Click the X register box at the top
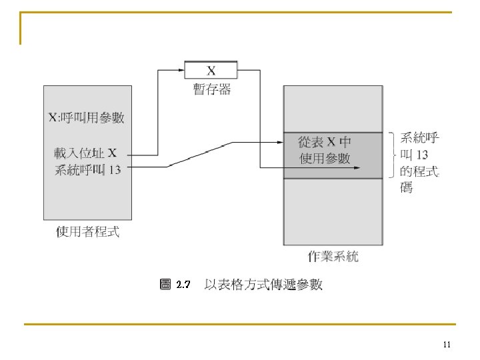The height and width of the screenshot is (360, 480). [x=211, y=69]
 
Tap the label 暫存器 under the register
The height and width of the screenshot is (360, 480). [x=212, y=89]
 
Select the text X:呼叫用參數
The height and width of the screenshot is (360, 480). [x=87, y=119]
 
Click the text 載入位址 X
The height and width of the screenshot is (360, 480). [x=86, y=152]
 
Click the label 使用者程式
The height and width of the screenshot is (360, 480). [x=87, y=232]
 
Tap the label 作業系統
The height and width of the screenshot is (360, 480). [x=333, y=256]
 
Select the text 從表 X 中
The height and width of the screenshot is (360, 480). [x=325, y=142]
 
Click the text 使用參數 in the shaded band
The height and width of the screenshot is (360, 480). [x=325, y=159]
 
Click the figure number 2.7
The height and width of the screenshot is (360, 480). [x=183, y=285]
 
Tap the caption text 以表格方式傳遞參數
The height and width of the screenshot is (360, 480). [x=263, y=285]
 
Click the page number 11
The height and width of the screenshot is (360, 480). [x=447, y=345]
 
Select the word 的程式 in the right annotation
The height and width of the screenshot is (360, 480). [x=419, y=172]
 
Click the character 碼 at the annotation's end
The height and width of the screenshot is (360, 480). [x=407, y=188]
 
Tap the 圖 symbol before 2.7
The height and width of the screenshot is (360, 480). [x=166, y=285]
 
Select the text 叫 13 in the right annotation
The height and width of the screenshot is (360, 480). [x=414, y=155]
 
